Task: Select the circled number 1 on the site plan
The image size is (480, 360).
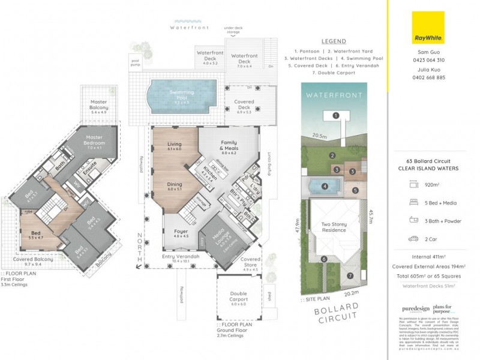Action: (337, 115)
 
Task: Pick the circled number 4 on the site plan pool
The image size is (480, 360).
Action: (325, 186)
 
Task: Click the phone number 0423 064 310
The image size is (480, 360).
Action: (428, 60)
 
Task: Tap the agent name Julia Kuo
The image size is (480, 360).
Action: (428, 70)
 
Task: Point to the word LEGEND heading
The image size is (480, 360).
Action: (334, 41)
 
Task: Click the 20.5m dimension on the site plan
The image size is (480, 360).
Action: (318, 136)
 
